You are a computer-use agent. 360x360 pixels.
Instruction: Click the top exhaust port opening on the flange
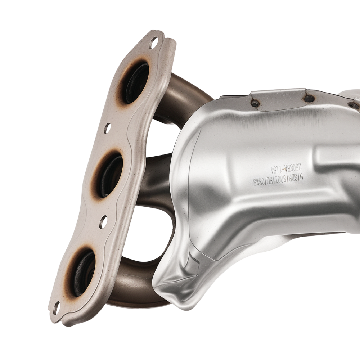point(136,82)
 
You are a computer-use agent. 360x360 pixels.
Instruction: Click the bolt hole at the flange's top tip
point(153,43)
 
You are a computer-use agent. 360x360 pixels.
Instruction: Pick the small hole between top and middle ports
point(107,128)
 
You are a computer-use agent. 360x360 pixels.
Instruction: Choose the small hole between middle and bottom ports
point(103,222)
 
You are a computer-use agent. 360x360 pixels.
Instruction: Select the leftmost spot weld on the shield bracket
point(255,103)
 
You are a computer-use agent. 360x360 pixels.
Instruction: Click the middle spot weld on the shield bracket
point(309,98)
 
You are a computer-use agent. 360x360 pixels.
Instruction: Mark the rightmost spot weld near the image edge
point(354,105)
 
